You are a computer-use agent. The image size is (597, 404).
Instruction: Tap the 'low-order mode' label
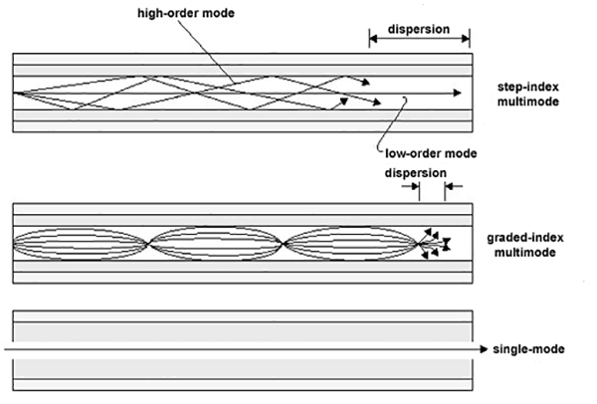(431, 153)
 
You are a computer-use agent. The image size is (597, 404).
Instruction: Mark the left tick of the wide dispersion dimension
(370, 37)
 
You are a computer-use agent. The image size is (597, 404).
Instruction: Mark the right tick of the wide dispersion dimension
(470, 37)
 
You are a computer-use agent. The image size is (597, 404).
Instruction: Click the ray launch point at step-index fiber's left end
(16, 93)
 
